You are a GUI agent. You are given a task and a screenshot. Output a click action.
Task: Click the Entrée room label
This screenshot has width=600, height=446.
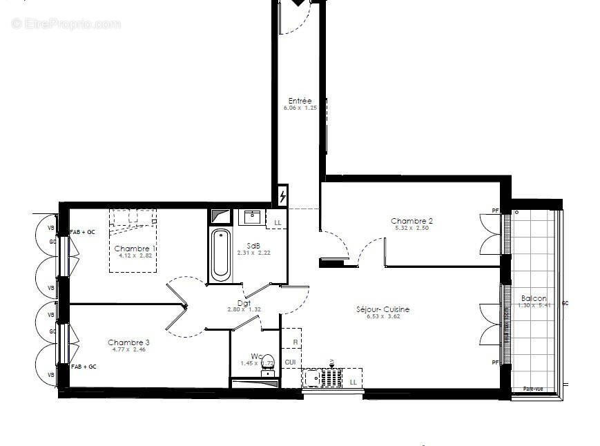click(x=300, y=101)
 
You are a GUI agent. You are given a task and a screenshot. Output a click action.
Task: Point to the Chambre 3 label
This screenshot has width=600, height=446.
click(x=128, y=342)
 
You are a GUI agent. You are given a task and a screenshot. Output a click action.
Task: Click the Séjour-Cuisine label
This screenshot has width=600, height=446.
click(x=383, y=309)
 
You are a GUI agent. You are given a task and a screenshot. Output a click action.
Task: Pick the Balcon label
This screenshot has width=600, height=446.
click(x=534, y=298)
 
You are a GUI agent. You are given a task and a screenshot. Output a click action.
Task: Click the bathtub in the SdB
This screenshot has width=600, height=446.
click(x=222, y=255)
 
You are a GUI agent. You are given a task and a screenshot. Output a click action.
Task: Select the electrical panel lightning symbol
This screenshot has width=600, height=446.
click(x=283, y=197)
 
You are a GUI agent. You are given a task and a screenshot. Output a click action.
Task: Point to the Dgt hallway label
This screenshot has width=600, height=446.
click(x=244, y=302)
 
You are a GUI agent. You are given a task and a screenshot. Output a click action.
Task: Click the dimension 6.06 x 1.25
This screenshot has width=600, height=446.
click(x=300, y=108)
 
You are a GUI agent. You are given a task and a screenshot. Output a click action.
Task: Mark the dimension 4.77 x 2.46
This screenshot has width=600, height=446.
click(x=128, y=350)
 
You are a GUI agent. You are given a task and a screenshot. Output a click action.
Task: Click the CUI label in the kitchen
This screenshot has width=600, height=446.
click(x=290, y=362)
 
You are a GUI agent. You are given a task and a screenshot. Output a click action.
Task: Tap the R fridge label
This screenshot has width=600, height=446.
click(x=295, y=342)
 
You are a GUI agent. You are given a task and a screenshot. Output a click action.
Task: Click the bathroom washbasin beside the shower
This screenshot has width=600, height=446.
click(x=252, y=217)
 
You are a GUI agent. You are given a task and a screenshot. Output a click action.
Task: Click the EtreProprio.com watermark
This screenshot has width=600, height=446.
click(x=66, y=24)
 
